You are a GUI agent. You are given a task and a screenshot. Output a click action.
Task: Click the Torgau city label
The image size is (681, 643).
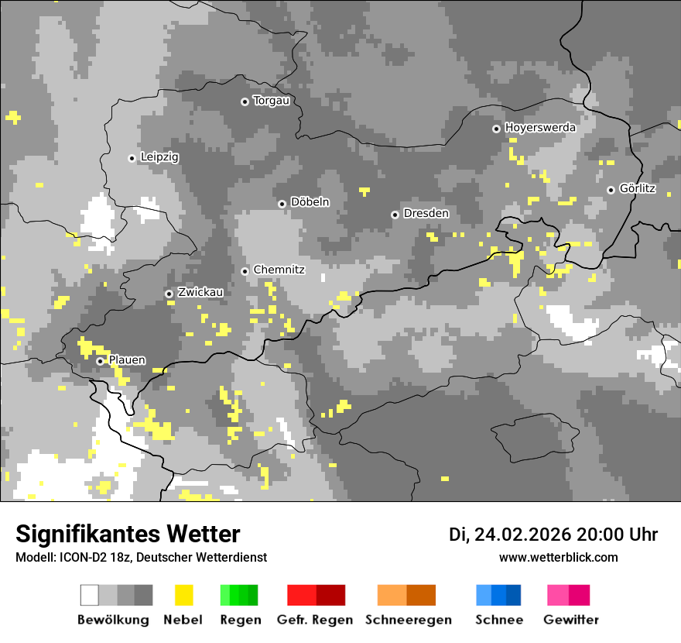pos(271,101)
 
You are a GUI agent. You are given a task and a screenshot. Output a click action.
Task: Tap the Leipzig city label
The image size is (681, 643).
pos(159,157)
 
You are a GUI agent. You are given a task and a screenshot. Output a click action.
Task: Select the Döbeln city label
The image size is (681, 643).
pos(310,202)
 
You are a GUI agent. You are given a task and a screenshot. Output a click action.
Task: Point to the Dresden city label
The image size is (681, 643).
pos(426,213)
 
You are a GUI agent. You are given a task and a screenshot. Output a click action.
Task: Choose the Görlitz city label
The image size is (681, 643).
pos(637,188)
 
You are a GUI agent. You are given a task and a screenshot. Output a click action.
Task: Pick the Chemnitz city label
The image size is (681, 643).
pos(279,270)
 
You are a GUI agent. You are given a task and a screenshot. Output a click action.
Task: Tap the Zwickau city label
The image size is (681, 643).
pos(200,292)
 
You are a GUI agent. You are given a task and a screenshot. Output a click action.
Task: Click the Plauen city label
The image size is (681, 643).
pos(127,360)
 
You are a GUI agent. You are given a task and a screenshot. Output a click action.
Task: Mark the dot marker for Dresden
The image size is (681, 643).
pos(395,215)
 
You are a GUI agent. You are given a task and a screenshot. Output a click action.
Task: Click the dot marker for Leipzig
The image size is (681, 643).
pos(132,158)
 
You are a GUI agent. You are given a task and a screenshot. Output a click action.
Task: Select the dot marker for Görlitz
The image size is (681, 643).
pos(611,190)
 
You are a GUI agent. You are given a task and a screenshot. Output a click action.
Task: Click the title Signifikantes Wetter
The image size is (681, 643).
pos(128,535)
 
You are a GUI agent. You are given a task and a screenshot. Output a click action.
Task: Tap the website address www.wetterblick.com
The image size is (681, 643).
pos(558,557)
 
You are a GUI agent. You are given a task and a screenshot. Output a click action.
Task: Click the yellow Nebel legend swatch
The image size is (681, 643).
pos(183,595)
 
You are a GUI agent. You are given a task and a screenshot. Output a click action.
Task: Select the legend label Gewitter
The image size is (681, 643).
pos(570,620)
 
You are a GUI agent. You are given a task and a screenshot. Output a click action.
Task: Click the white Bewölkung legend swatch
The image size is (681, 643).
pos(90,595)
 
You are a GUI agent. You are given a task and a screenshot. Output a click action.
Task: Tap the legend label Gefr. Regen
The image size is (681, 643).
pos(315,620)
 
